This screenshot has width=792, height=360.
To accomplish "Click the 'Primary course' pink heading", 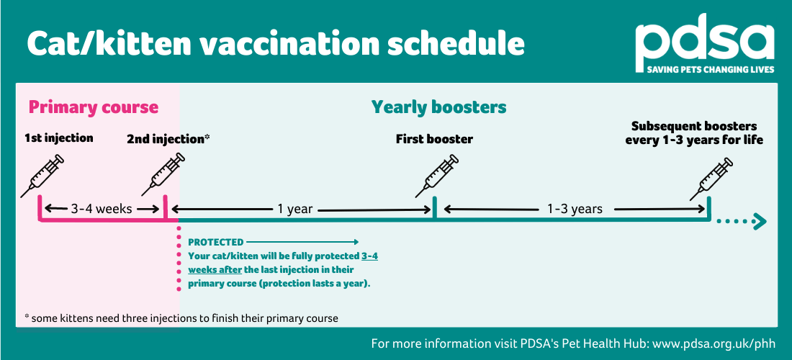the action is click(94, 107).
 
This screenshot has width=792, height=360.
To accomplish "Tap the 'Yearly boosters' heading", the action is click(439, 107).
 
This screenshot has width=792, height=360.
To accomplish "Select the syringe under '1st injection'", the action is click(42, 176).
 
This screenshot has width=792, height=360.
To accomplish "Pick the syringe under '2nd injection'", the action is click(163, 174).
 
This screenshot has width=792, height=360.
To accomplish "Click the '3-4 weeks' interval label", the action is click(102, 209).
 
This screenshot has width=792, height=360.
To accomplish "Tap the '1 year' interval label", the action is click(295, 209).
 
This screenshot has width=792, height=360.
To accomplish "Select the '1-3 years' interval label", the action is click(575, 209).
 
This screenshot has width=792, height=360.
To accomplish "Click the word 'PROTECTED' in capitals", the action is click(216, 243).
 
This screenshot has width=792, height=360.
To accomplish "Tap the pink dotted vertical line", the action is click(179, 258).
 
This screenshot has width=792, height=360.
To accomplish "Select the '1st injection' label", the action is click(59, 138).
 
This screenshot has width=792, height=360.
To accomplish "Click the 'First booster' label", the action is click(434, 139).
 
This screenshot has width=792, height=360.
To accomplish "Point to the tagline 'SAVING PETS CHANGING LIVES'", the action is click(711, 70).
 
